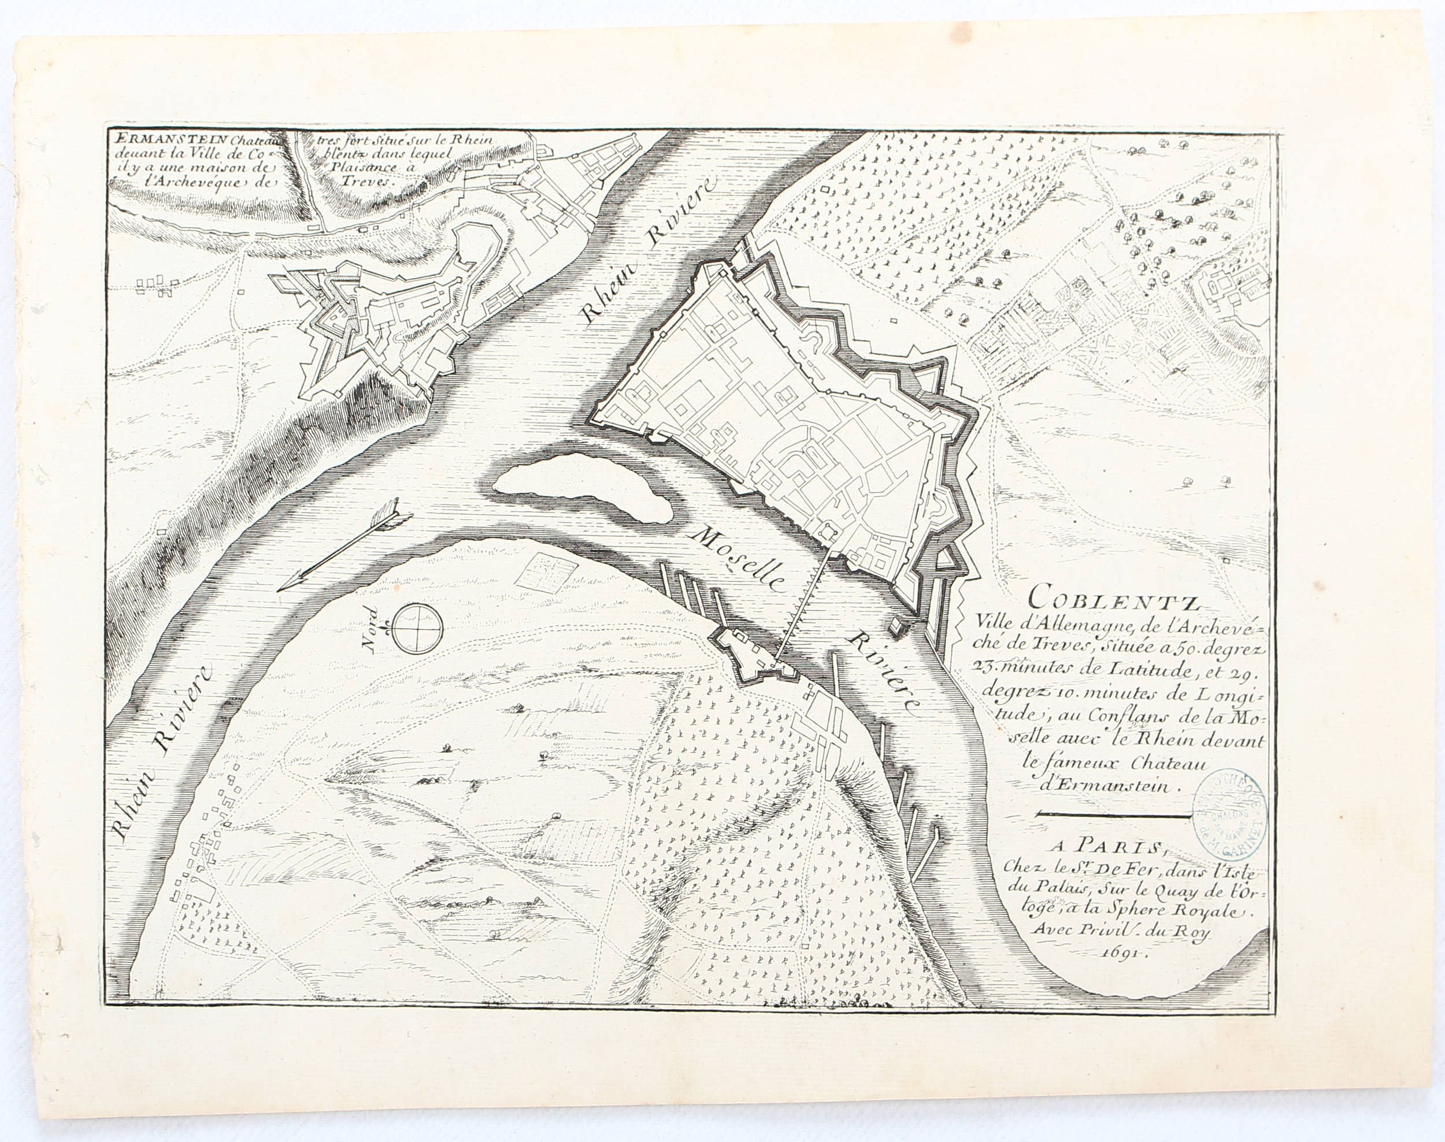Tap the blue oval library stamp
pyautogui.click(x=1229, y=813)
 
